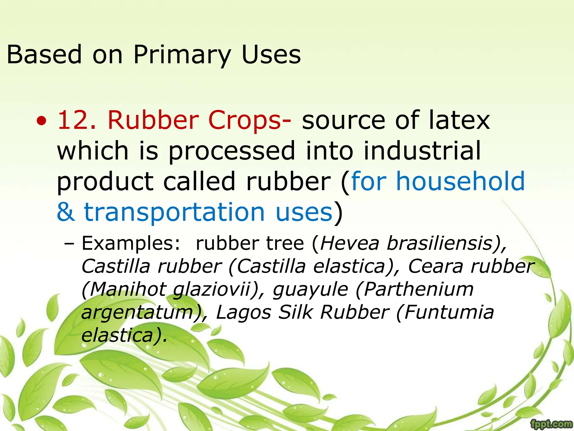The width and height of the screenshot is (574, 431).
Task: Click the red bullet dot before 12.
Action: pos(42,121)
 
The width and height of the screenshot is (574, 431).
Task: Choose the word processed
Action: pos(232,151)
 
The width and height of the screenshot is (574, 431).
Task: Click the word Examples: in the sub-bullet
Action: pos(131,243)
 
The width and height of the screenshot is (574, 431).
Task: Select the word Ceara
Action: pos(436,266)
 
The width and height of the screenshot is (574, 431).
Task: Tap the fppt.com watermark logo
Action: pos(552,423)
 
